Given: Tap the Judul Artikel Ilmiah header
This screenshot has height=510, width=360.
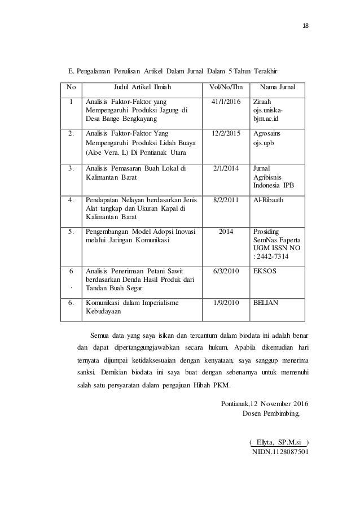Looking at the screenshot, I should click(x=142, y=87).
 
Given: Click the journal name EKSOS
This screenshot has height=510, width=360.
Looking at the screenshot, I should click(x=265, y=271).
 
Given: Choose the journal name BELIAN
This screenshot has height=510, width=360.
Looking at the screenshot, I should click(x=266, y=303).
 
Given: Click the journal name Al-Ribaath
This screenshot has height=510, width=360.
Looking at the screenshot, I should click(x=270, y=199).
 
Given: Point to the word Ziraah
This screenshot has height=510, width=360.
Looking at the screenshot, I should click(x=263, y=101).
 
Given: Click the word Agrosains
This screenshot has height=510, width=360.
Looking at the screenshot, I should click(x=269, y=133).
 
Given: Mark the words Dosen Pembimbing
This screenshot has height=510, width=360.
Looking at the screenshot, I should click(x=270, y=412).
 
